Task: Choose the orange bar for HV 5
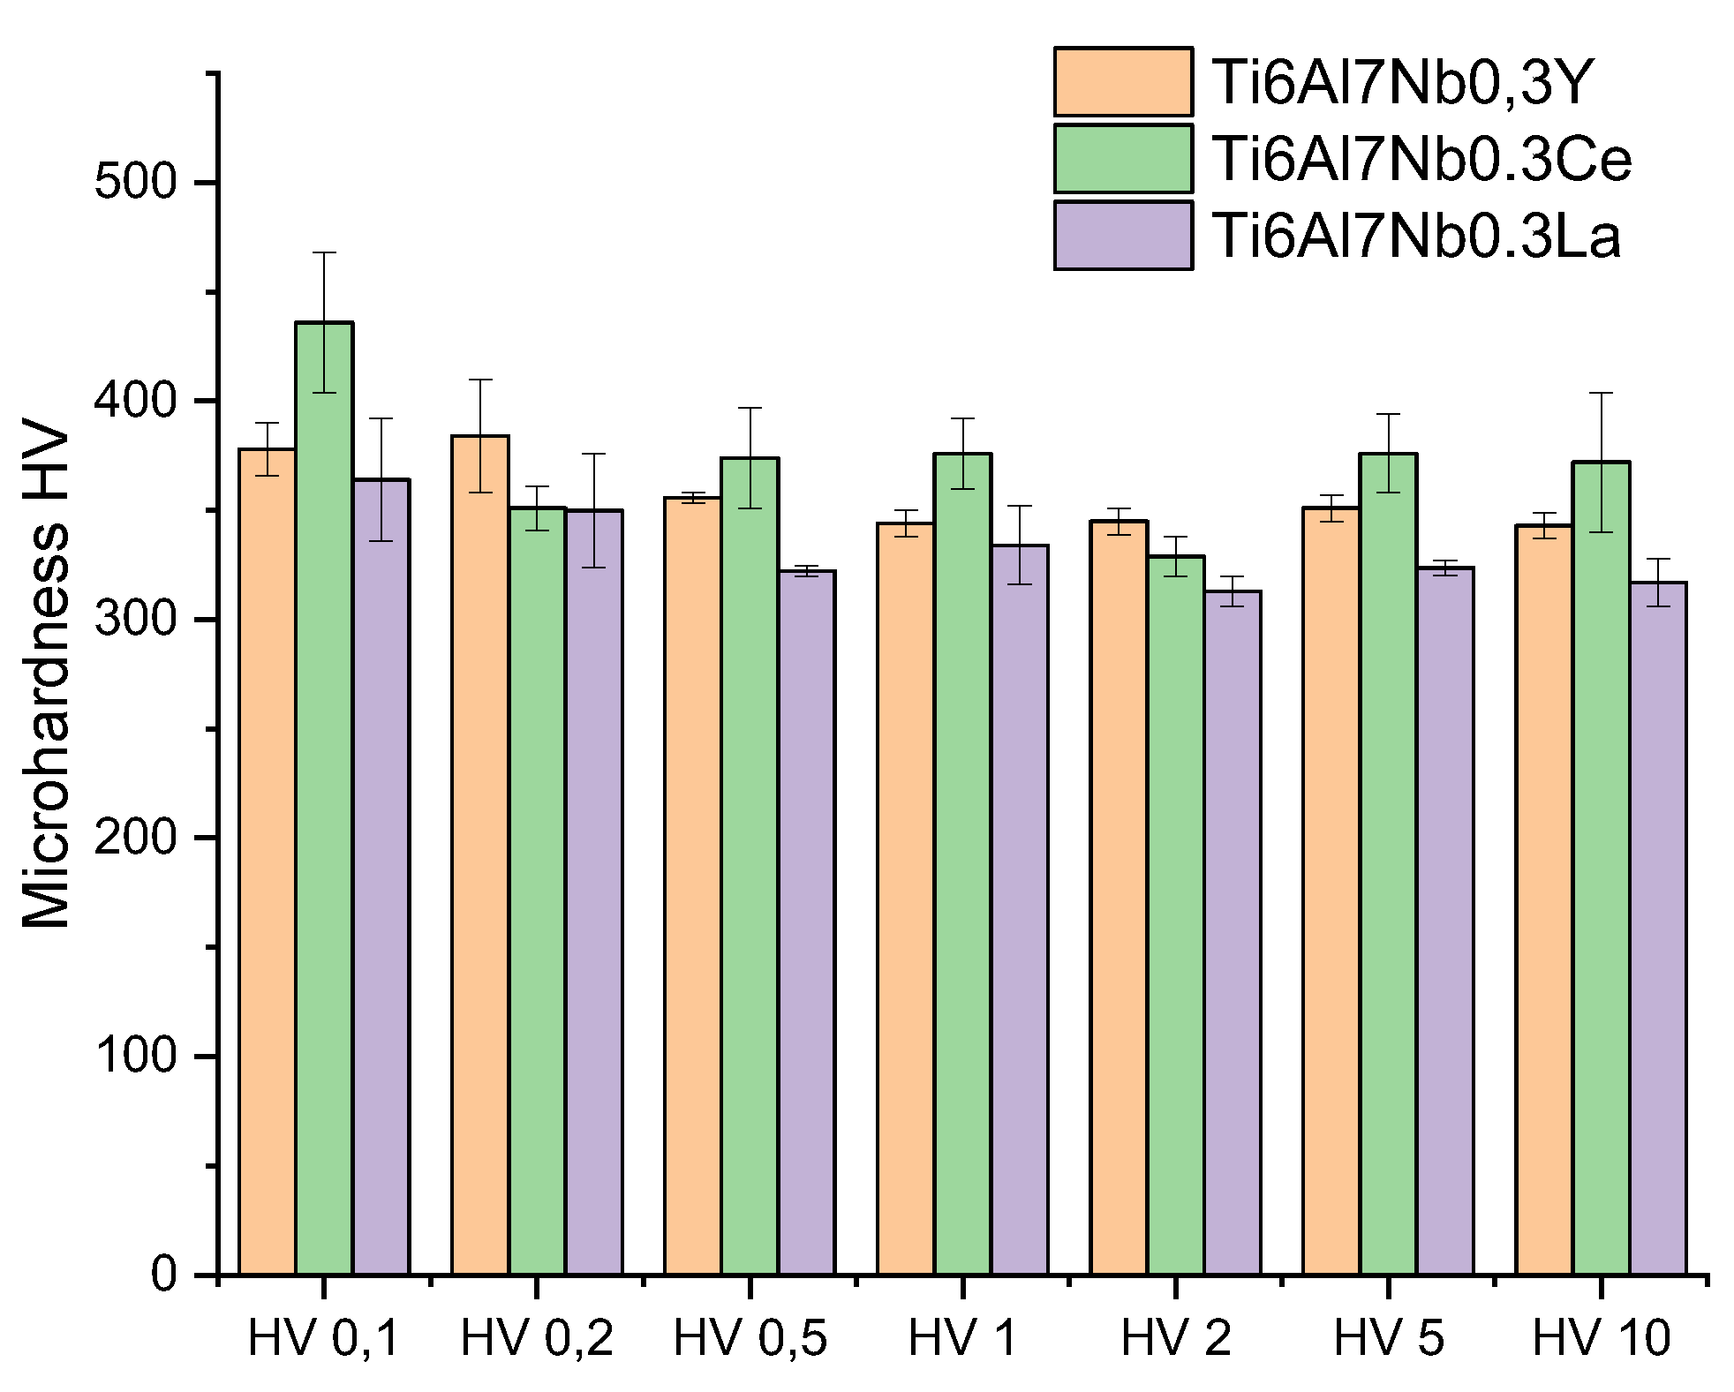click(x=1331, y=891)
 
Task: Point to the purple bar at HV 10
click(x=1657, y=928)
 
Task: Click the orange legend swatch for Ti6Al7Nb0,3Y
click(x=1122, y=82)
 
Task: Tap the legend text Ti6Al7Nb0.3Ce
click(x=1421, y=160)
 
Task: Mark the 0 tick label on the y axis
click(x=164, y=1275)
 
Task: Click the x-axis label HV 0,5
click(x=750, y=1338)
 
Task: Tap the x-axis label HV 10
click(x=1601, y=1338)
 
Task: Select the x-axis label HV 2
click(x=1175, y=1338)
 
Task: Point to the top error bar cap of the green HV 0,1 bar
click(x=324, y=253)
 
